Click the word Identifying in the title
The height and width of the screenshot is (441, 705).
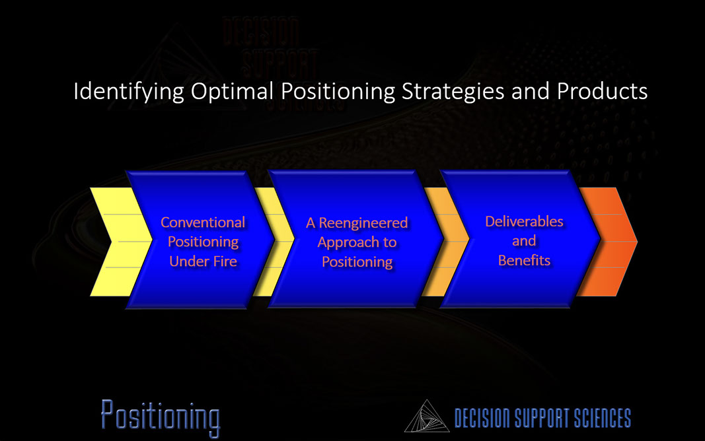click(129, 92)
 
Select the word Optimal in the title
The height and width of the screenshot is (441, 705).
click(232, 92)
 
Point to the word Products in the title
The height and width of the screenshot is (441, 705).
click(602, 91)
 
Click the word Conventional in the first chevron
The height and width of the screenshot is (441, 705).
click(203, 222)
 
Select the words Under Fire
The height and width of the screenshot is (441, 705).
click(204, 261)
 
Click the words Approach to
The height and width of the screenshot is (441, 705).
click(357, 242)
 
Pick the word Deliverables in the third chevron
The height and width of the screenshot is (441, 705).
click(524, 221)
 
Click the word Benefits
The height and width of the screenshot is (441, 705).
click(524, 261)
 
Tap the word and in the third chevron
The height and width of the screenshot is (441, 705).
click(524, 241)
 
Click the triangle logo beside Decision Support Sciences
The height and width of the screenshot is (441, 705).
click(427, 417)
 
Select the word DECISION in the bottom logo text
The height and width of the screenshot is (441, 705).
click(482, 418)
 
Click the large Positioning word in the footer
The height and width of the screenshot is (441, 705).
click(161, 417)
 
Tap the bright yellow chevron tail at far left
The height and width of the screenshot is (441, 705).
click(118, 242)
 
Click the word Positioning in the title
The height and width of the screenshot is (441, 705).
click(338, 92)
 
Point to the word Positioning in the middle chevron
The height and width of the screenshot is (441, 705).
click(357, 262)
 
